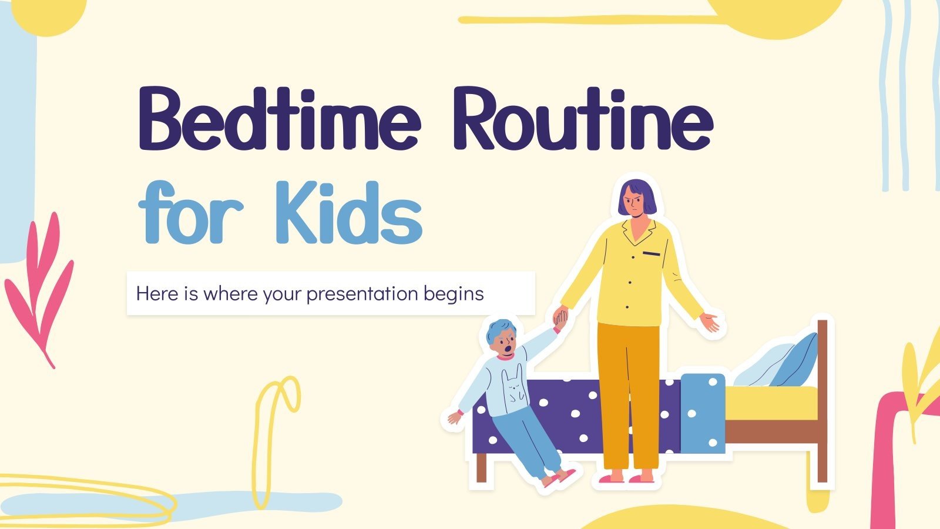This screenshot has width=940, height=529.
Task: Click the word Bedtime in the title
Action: click(279, 119)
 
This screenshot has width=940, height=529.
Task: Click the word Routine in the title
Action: click(583, 119)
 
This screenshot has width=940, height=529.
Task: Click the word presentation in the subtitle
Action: click(362, 294)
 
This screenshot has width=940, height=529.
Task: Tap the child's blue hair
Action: click(500, 330)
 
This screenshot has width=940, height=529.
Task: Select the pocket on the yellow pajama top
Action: click(652, 253)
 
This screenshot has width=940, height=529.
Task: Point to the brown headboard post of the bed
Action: click(822, 401)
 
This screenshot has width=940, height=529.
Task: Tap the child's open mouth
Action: click(508, 349)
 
